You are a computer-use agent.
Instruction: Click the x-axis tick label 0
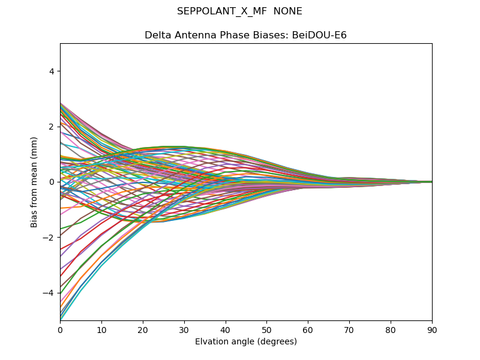click(x=60, y=329)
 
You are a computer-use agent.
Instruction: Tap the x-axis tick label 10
click(x=101, y=329)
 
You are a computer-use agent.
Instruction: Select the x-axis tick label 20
click(x=143, y=329)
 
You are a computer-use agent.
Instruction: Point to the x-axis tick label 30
click(x=184, y=329)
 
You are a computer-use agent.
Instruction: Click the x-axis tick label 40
click(x=226, y=329)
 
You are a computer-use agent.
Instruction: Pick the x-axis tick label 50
click(x=266, y=329)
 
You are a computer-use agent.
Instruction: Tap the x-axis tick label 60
click(x=308, y=329)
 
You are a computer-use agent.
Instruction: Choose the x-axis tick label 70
click(x=349, y=329)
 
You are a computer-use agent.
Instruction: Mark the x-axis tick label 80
click(x=391, y=329)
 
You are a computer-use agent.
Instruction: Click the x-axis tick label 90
click(x=432, y=329)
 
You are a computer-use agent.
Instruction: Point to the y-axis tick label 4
click(x=52, y=71)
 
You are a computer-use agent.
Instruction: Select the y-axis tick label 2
click(x=52, y=127)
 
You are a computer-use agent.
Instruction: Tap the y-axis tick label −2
click(x=50, y=238)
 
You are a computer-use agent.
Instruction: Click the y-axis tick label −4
click(x=50, y=293)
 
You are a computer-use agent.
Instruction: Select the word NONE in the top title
click(x=287, y=11)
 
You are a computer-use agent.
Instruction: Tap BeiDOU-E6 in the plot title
click(x=319, y=35)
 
